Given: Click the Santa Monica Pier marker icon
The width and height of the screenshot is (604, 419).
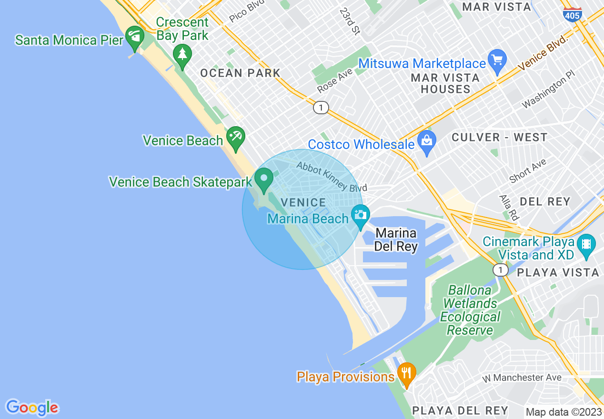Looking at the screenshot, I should (135, 37).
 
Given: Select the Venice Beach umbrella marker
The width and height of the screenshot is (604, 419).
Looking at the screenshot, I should (235, 138).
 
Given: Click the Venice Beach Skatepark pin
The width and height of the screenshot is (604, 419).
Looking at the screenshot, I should (263, 180).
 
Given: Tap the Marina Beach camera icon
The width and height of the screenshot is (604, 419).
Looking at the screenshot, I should (360, 215).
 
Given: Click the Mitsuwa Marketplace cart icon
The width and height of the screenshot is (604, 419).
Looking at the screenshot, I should (497, 60).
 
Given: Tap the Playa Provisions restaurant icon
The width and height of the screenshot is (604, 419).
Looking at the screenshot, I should (406, 373).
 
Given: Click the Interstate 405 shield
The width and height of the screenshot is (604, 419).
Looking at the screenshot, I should (572, 14).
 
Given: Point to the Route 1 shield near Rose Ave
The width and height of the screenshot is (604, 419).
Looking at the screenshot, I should (321, 108).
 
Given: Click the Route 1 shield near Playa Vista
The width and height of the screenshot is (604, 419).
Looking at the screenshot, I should (500, 270).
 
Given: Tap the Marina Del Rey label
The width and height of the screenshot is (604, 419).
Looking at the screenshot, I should (396, 239).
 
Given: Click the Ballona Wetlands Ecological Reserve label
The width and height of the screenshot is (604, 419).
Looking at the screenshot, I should (470, 310).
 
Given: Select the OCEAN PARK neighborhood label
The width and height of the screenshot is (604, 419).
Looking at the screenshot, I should (240, 73).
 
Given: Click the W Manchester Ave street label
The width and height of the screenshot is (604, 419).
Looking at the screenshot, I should (521, 378).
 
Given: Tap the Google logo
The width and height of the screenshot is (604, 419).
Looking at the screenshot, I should (32, 408).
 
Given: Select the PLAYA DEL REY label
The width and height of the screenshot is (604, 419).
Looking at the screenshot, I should (460, 410).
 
